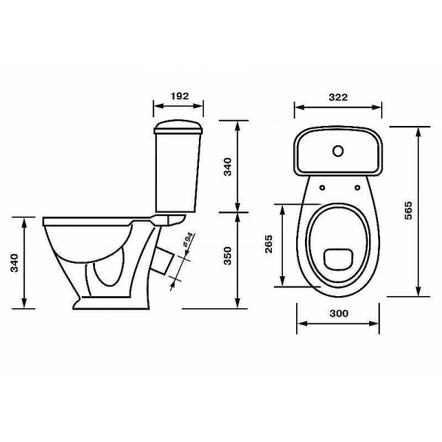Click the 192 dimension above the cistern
[180, 96]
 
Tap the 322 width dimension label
[338, 97]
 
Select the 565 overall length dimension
[408, 210]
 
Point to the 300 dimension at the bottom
[339, 313]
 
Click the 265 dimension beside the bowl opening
[269, 244]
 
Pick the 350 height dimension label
[227, 256]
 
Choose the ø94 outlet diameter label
[188, 240]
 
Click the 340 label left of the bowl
[14, 263]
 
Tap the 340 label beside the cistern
[227, 167]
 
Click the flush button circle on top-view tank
[337, 151]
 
